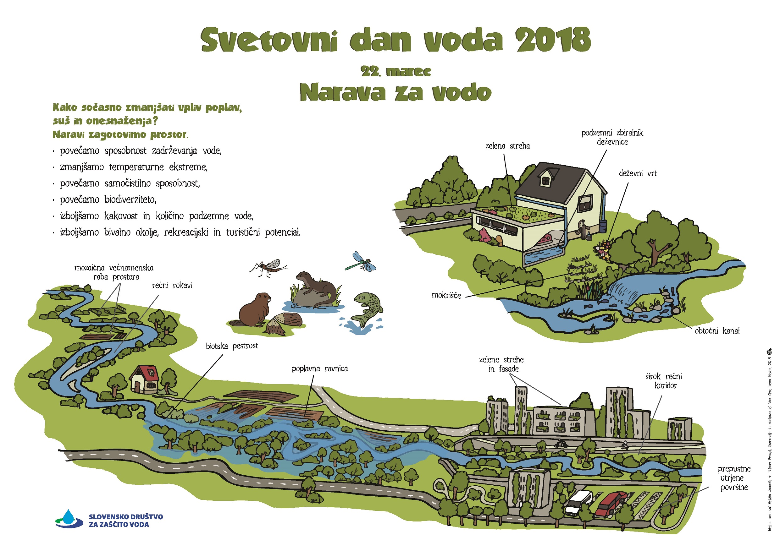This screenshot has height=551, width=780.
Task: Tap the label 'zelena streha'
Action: (507, 146)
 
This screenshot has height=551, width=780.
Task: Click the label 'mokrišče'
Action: (446, 295)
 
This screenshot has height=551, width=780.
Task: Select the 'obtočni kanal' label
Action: (717, 331)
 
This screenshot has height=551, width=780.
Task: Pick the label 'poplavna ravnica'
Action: (319, 369)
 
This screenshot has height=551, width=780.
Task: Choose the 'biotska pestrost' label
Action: (232, 346)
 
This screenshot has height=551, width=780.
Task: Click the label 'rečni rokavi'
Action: (172, 286)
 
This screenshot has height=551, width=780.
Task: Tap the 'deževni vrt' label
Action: (638, 173)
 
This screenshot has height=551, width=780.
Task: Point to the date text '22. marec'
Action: (396, 72)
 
